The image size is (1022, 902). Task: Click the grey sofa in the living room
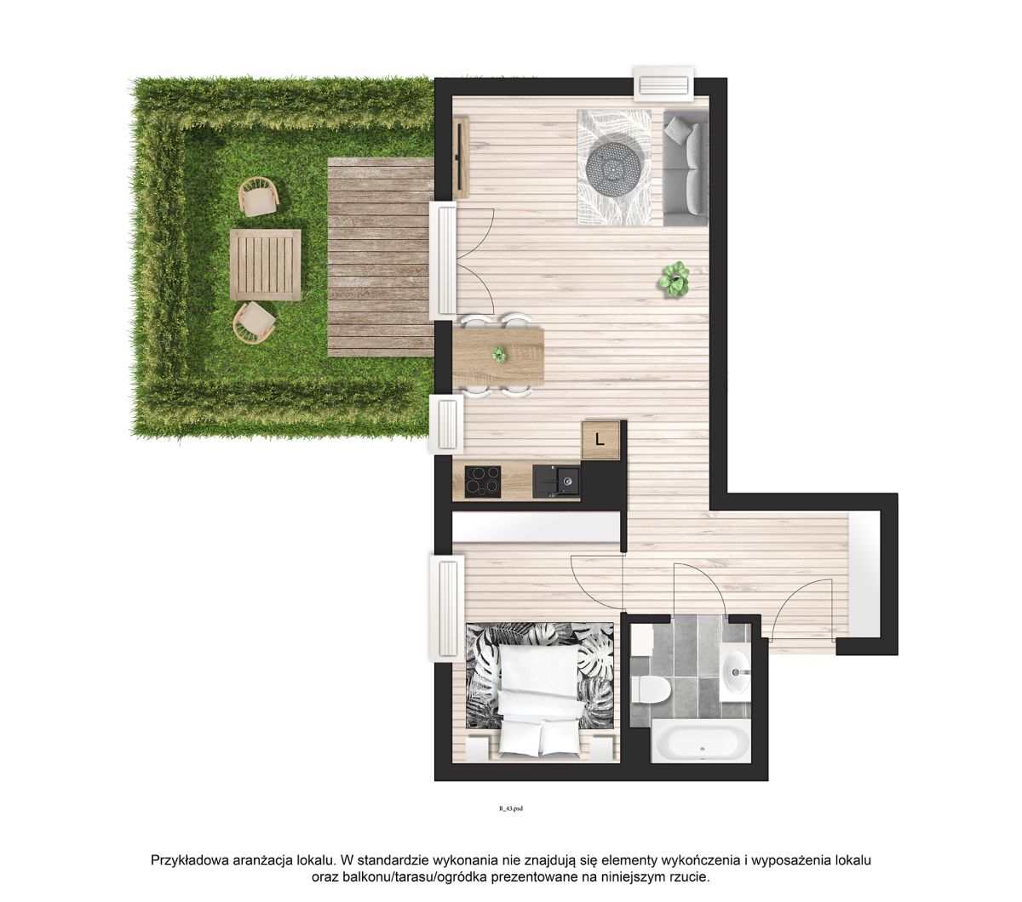[x=685, y=168]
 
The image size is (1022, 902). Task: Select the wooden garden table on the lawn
[x=266, y=265]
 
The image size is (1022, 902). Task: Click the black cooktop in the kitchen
[x=483, y=482]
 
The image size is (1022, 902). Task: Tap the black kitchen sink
[x=556, y=482]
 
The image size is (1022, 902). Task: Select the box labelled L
[x=600, y=440]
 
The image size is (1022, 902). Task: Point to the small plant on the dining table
[x=499, y=355]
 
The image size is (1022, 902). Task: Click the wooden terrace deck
[x=381, y=257]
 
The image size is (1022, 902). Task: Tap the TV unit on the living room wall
[x=462, y=157]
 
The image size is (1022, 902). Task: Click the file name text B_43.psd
[x=510, y=808]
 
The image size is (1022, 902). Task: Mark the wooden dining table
[x=498, y=356]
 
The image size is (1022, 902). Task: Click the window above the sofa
[x=663, y=83]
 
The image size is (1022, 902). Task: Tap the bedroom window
[x=447, y=608]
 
